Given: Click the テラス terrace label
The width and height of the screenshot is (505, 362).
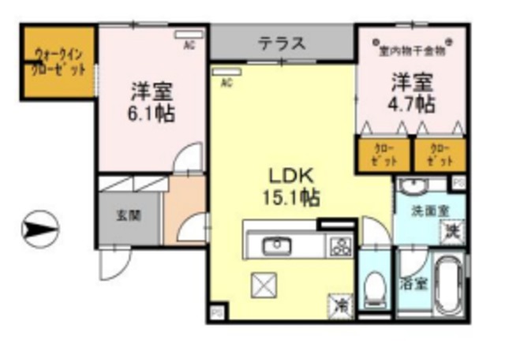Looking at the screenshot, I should pos(281,43).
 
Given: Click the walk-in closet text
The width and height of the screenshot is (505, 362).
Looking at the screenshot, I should pos(59,61).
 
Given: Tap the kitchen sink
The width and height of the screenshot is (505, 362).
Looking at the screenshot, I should pos(278,245).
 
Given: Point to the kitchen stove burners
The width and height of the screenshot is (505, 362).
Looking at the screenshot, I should pos(340,245).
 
